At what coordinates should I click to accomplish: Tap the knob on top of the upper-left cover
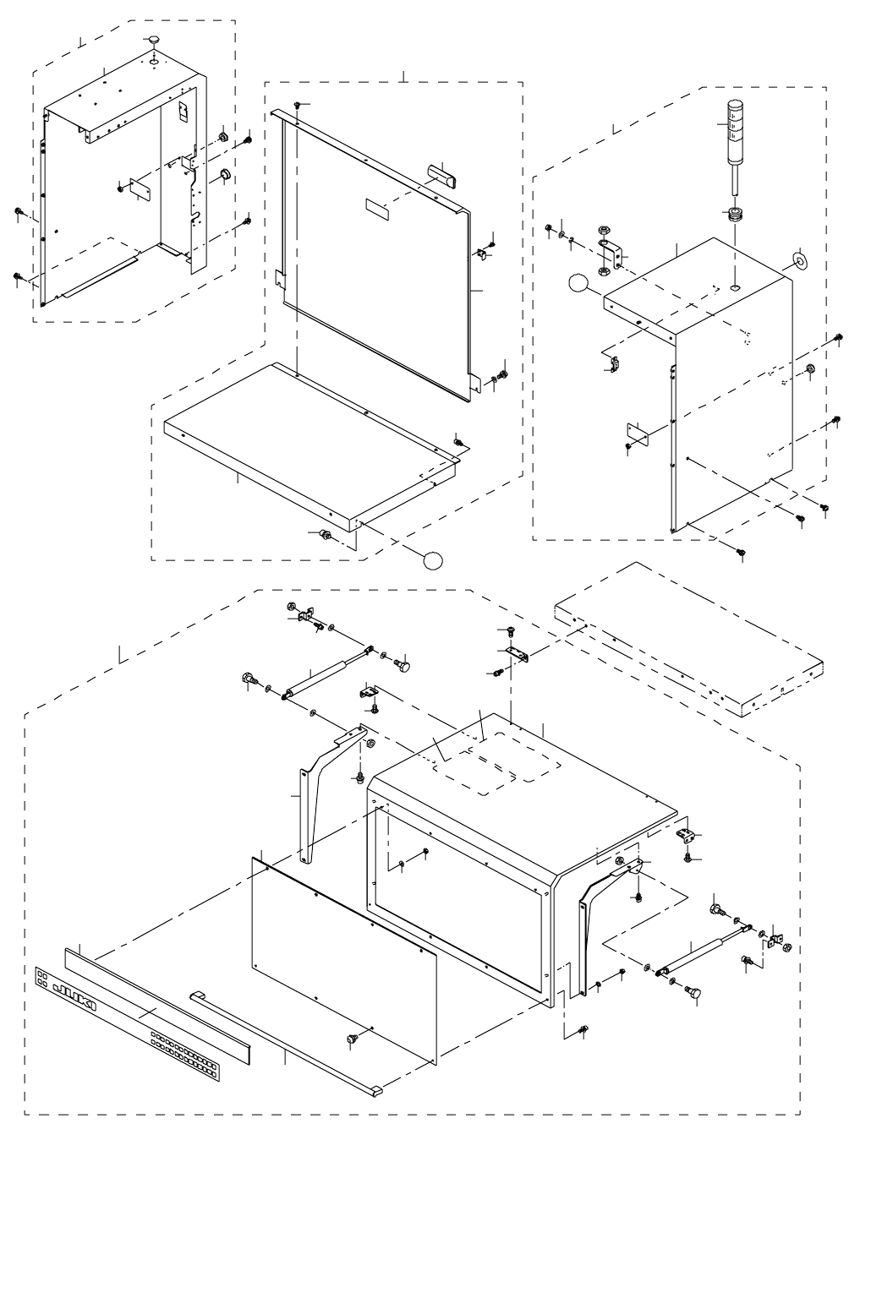point(153,41)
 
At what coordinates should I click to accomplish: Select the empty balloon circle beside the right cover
point(577,283)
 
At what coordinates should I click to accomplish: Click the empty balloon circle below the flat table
point(432,559)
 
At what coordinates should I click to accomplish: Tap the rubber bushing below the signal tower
point(734,213)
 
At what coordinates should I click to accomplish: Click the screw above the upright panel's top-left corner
point(298,105)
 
